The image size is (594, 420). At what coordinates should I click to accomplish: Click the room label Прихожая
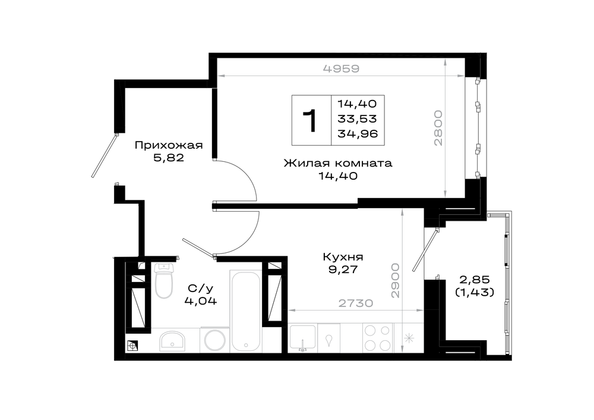click(169, 145)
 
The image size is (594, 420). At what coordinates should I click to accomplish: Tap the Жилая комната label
click(338, 163)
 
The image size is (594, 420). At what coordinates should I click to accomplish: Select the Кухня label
click(343, 257)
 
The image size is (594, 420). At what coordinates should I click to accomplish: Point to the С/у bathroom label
click(201, 289)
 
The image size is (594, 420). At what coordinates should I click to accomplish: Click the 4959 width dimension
click(341, 68)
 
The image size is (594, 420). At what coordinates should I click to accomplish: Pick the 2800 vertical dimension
click(438, 128)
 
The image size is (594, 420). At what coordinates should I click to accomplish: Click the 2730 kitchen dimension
click(356, 303)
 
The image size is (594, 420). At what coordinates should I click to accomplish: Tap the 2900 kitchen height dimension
click(395, 280)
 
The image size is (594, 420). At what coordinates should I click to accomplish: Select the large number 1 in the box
click(311, 120)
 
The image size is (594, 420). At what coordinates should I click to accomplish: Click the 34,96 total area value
click(358, 133)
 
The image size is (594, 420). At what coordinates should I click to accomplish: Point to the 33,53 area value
click(357, 119)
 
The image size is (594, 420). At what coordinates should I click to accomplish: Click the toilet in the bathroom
click(164, 281)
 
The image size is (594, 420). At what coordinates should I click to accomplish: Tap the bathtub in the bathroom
click(246, 311)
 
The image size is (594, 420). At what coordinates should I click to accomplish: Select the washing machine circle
click(214, 340)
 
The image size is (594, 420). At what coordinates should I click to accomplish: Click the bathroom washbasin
click(172, 341)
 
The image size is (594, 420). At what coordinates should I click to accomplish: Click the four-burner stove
click(377, 338)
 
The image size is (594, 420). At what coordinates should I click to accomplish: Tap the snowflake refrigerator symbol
click(409, 338)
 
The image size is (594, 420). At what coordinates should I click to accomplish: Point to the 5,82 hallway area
click(169, 158)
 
